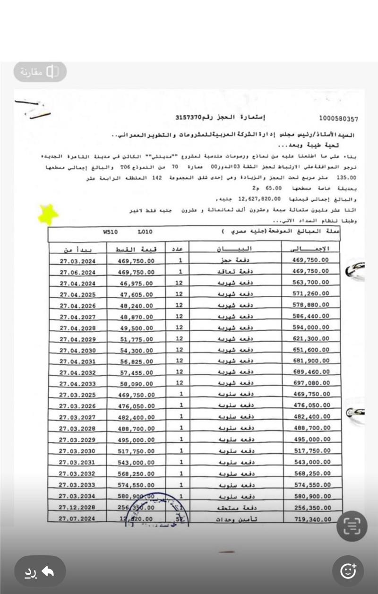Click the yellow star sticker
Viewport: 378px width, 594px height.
click(48, 215)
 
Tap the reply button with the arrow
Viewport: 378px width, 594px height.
click(40, 571)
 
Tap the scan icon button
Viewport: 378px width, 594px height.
click(352, 526)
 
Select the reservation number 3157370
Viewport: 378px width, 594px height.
click(189, 118)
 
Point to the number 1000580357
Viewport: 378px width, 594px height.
click(338, 119)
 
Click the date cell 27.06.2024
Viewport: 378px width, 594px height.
click(78, 271)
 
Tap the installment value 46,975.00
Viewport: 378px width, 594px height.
click(136, 283)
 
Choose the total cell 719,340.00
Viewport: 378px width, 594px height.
click(311, 519)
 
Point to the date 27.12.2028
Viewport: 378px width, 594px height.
click(78, 507)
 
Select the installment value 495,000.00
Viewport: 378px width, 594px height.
click(136, 439)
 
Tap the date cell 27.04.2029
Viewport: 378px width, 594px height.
click(78, 339)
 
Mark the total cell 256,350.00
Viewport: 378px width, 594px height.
click(311, 507)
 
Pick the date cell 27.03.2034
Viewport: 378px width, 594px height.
click(78, 496)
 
